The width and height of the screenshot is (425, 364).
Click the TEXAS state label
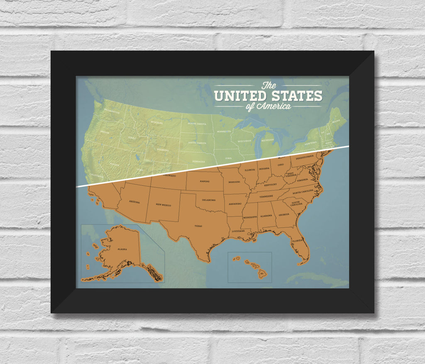click(x=198, y=226)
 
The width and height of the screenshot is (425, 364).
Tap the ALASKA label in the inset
click(x=122, y=249)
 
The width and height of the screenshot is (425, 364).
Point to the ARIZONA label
click(x=134, y=202)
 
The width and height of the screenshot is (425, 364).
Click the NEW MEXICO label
click(x=163, y=204)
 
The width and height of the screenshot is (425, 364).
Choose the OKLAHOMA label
click(x=208, y=200)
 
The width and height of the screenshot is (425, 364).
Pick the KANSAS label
click(x=205, y=181)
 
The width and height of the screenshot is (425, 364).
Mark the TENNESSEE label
click(x=266, y=196)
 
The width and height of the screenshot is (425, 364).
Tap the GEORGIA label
click(x=284, y=214)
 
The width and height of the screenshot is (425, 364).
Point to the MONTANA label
click(x=156, y=122)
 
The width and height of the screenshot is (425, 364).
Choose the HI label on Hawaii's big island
click(x=262, y=274)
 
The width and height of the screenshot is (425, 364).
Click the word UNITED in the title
click(x=240, y=96)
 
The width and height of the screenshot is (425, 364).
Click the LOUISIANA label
click(x=238, y=231)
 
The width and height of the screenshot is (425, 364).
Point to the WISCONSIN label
click(x=244, y=141)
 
